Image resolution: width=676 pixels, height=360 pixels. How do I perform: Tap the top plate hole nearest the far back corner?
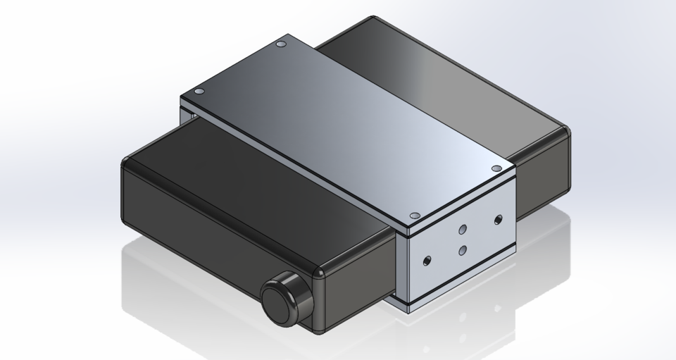(281, 44)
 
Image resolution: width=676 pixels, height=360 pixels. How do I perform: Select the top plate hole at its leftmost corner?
(199, 92)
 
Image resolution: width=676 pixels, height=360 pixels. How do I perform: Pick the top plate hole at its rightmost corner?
(496, 168)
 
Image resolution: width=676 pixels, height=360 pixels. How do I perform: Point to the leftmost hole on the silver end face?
(425, 261)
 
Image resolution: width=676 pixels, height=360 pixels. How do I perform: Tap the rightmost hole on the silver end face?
(499, 219)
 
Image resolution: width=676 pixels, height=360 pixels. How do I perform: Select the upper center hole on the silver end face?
(463, 229)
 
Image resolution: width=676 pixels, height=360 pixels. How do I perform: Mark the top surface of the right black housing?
(451, 77)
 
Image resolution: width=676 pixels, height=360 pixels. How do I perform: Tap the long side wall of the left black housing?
(211, 240)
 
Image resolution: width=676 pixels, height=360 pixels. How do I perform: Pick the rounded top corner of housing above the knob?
(320, 271)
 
